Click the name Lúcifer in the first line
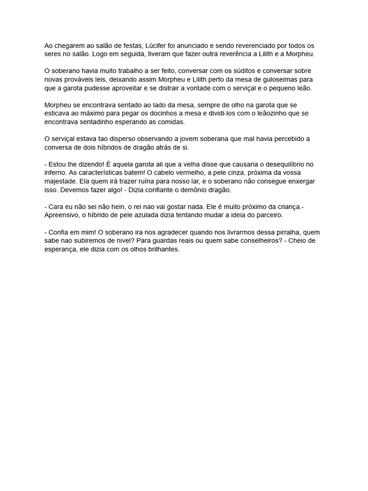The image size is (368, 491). click(156, 45)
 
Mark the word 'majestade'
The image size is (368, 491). click(61, 181)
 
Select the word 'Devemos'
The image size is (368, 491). click(72, 190)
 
